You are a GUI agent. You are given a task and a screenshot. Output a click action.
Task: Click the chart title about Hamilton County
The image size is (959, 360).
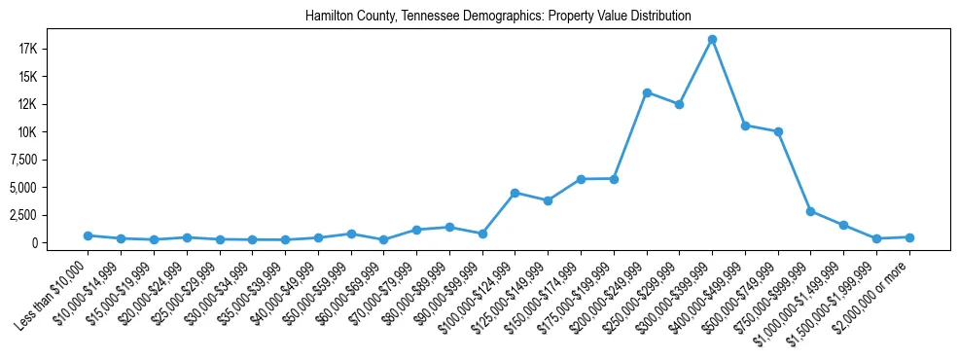pos(498,16)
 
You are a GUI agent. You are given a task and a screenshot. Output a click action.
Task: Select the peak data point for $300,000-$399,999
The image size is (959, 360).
pos(712,40)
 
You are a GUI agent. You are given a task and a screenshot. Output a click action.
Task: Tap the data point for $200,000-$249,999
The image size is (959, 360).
pos(647,92)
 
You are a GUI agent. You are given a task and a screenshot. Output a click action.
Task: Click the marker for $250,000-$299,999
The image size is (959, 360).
pos(679,104)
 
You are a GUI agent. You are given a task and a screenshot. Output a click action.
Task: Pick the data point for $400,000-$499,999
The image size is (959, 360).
pos(745,126)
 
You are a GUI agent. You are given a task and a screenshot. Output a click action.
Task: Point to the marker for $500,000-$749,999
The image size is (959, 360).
pos(778,131)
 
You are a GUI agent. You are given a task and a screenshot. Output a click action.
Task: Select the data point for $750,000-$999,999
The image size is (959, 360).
pos(810,211)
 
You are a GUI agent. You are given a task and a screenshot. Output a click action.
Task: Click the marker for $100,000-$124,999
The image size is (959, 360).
pos(515,193)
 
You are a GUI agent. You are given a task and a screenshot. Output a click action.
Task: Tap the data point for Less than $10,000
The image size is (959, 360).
pos(88,235)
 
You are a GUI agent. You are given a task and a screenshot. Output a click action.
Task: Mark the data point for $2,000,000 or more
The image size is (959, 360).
pos(909,237)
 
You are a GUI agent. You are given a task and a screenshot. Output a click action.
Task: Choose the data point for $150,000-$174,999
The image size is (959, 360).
pos(581,179)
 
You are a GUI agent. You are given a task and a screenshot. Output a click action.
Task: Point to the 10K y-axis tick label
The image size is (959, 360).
pos(53,132)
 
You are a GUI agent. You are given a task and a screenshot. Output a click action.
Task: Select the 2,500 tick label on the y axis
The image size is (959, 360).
pos(48,215)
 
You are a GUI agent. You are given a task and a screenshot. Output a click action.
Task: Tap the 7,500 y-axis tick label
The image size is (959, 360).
pos(48,160)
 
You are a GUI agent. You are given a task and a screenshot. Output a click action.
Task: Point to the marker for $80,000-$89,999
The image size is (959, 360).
pos(449,227)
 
